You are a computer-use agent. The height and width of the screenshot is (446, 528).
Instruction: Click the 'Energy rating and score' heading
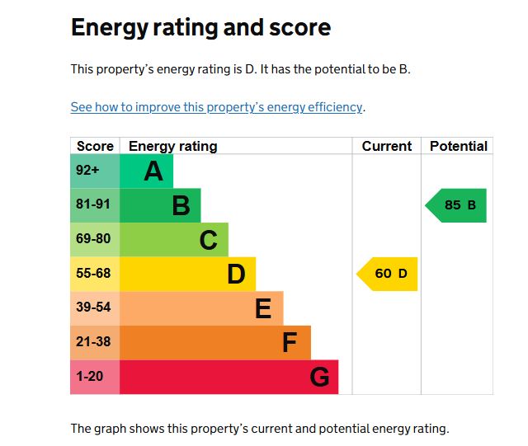click(x=200, y=27)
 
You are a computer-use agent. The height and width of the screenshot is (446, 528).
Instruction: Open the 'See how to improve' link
click(x=216, y=107)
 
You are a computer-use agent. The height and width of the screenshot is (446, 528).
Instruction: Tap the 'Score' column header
click(x=95, y=146)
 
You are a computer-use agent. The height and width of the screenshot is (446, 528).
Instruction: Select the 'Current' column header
click(x=386, y=146)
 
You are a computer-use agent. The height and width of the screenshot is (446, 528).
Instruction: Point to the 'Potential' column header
click(x=459, y=146)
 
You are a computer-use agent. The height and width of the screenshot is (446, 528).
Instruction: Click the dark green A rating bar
click(x=147, y=171)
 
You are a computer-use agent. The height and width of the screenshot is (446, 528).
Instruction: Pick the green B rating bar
click(x=160, y=205)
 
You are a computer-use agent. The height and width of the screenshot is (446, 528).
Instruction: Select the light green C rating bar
click(x=174, y=240)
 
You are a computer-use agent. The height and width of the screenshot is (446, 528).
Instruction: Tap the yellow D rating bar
click(x=188, y=274)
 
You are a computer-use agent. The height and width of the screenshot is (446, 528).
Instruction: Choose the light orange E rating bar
click(x=201, y=308)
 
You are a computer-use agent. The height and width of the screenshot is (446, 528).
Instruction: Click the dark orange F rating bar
click(x=215, y=342)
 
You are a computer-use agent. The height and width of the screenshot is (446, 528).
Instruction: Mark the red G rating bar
click(x=229, y=377)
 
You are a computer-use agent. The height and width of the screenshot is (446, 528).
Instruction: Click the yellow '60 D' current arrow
click(x=389, y=274)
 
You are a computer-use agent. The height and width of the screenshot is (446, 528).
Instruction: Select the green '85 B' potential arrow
click(x=457, y=205)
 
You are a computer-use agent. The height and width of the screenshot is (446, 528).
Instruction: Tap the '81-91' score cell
click(x=95, y=205)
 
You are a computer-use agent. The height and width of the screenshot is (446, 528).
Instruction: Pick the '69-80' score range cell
click(x=95, y=240)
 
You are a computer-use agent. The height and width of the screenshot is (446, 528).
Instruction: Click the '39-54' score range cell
click(x=95, y=308)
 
